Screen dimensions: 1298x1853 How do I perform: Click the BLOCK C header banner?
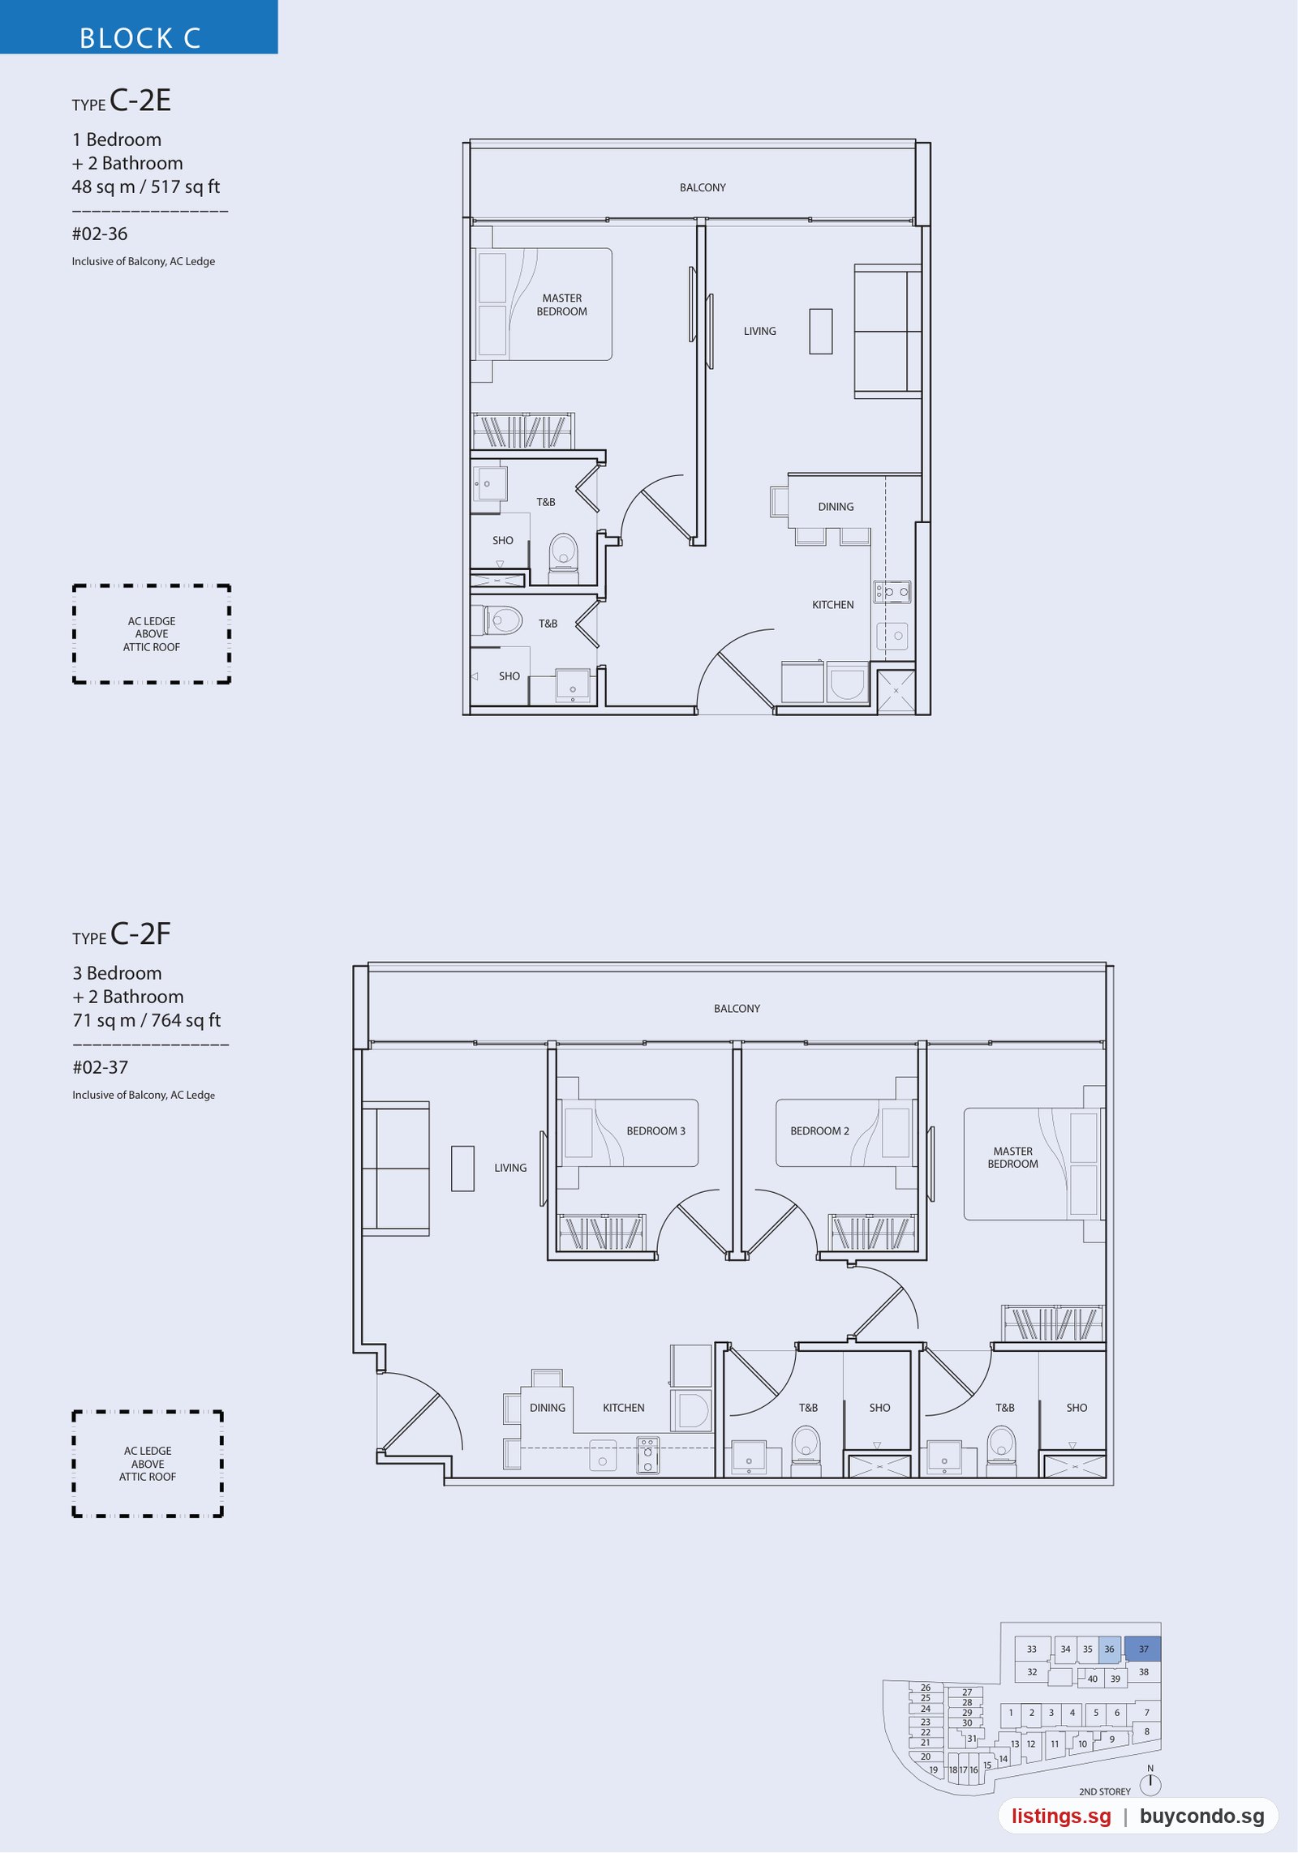[x=139, y=27]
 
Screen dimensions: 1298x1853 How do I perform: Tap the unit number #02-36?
[x=100, y=234]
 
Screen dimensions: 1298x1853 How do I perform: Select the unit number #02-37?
[x=101, y=1068]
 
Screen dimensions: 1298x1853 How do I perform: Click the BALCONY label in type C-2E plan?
[x=703, y=187]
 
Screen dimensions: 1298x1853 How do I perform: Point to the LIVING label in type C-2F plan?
[x=510, y=1168]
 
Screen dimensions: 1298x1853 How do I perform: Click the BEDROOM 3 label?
[x=655, y=1130]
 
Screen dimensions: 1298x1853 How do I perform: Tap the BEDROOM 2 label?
[x=819, y=1130]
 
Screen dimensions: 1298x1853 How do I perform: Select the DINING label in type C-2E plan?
[x=836, y=507]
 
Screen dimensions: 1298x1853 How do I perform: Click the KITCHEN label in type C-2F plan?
[x=623, y=1408]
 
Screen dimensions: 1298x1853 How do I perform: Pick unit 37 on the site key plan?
[x=1142, y=1649]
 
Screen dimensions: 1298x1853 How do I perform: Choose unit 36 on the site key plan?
[x=1108, y=1649]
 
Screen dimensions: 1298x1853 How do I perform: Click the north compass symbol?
[x=1150, y=1782]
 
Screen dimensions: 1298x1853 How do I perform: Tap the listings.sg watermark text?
[x=1061, y=1816]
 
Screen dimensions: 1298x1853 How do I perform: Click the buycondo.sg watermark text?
[x=1201, y=1816]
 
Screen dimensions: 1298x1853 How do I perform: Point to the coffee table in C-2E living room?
[x=820, y=331]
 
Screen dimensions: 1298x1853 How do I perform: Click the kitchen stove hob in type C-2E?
[x=892, y=592]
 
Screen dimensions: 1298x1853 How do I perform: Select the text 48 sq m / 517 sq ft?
[x=145, y=187]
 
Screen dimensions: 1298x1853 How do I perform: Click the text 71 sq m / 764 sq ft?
[x=146, y=1020]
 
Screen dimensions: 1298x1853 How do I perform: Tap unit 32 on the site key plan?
[x=1032, y=1671]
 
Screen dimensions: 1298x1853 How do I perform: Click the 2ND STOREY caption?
[x=1104, y=1791]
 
